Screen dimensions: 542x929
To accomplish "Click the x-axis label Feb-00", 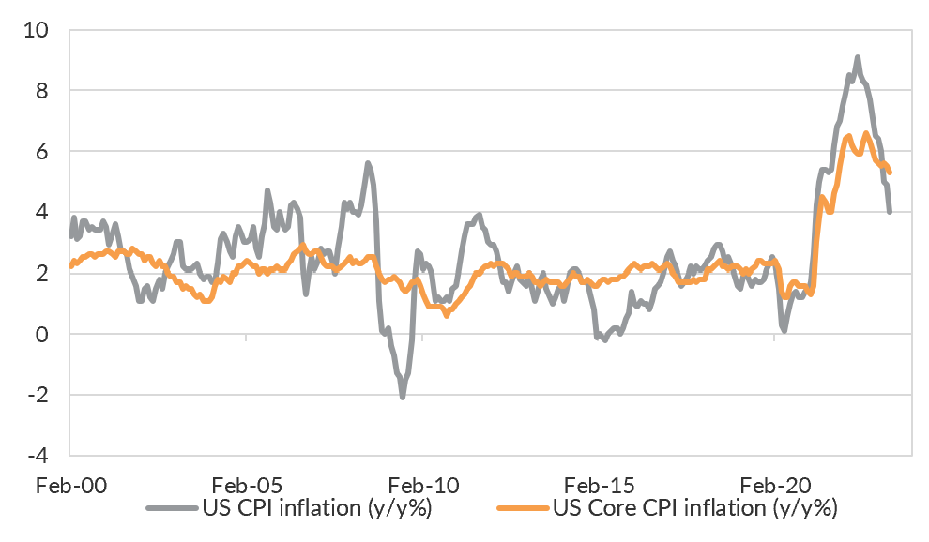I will click(x=70, y=486).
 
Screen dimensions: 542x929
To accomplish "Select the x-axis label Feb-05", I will click(x=246, y=486).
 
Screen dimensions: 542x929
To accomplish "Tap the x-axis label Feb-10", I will click(x=422, y=486).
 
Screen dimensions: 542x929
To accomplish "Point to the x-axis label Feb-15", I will click(x=599, y=486).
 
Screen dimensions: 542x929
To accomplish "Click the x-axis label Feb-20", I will click(x=774, y=486).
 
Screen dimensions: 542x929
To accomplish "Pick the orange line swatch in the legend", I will click(x=523, y=510).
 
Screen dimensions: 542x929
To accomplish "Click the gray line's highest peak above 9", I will click(x=857, y=58).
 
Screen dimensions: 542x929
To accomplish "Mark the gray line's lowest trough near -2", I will click(x=403, y=398).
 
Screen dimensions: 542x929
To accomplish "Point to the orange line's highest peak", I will click(x=866, y=134).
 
